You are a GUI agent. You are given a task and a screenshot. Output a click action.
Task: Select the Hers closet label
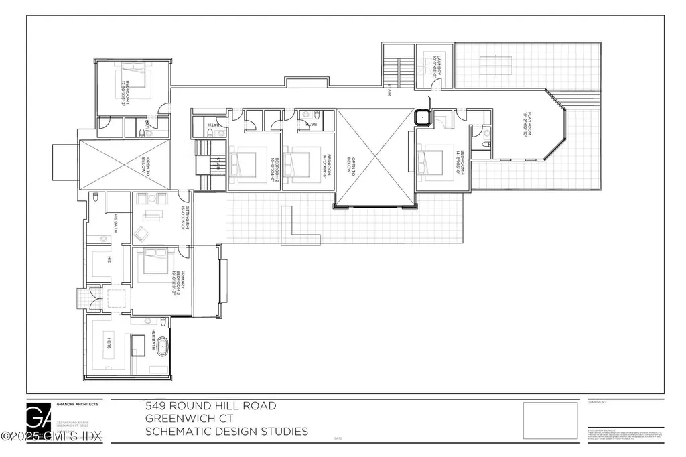pos(107,343)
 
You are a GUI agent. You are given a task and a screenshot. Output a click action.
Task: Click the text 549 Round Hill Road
pos(210,406)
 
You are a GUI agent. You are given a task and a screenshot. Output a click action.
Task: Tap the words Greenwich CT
pos(188,419)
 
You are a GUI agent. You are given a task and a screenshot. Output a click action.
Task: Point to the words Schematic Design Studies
pos(227,432)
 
